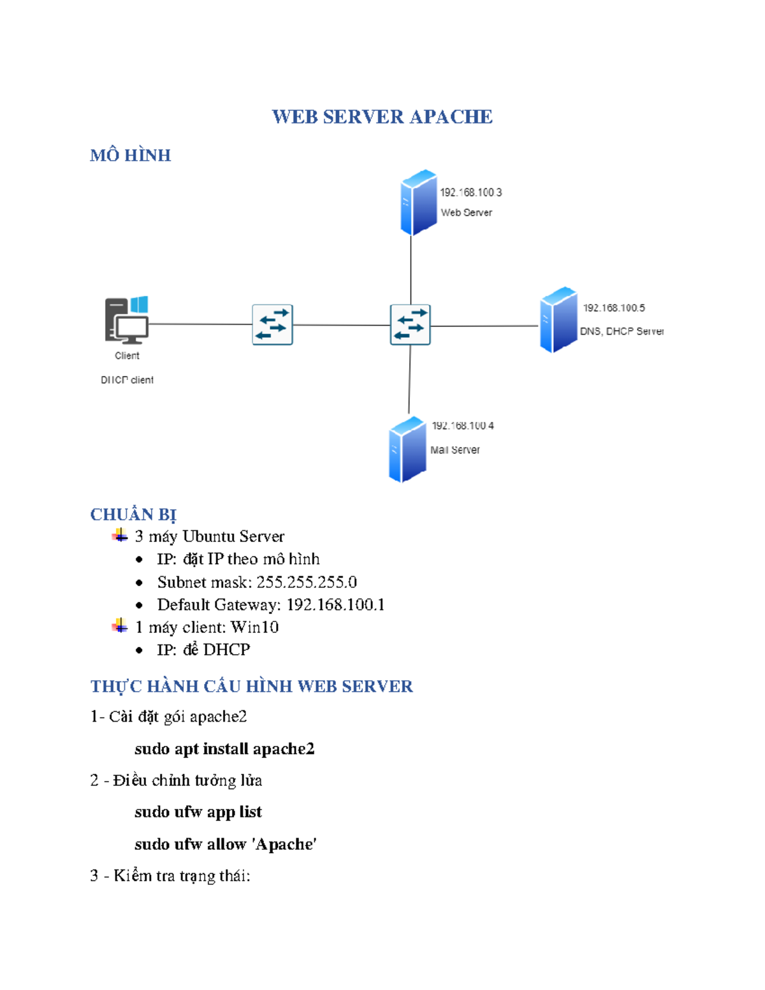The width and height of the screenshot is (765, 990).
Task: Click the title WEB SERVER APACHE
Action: point(382,117)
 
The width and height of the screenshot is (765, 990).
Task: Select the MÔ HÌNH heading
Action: point(130,156)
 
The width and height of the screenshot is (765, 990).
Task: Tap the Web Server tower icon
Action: point(418,202)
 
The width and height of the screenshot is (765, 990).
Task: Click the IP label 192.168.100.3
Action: point(470,193)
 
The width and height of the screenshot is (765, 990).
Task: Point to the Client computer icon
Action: point(127,320)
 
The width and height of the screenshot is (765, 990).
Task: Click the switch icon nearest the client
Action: point(272,324)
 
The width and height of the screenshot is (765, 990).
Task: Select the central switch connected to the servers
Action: point(410,324)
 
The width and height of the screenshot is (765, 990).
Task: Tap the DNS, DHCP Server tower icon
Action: point(558,319)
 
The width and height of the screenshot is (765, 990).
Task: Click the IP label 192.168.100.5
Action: point(613,308)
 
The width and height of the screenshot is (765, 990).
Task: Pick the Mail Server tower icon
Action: point(407,449)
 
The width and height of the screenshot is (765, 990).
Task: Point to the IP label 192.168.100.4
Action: point(462,426)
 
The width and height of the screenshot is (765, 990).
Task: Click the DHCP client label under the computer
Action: point(127,380)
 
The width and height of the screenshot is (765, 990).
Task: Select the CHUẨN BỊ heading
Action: point(133,514)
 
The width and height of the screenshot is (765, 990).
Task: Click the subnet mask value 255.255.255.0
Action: point(306,582)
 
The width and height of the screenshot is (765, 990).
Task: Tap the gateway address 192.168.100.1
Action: point(335,604)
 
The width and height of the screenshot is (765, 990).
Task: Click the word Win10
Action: point(254,627)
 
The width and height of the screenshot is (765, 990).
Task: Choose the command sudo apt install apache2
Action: point(224,748)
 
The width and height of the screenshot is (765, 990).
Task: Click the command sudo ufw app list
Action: point(198,812)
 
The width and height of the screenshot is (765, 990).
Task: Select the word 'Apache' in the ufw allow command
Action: point(284,844)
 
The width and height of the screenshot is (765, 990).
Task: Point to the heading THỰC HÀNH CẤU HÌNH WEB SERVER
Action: point(251,687)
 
